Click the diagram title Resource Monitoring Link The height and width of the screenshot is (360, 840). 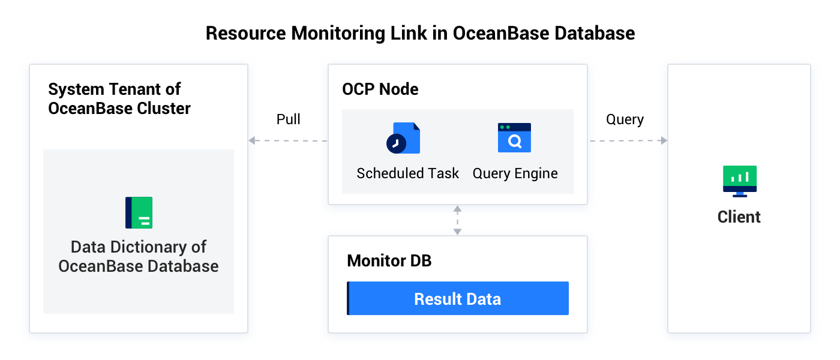coord(420,32)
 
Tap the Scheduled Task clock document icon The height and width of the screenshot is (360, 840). coord(403,139)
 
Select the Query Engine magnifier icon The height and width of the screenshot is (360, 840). coord(514,138)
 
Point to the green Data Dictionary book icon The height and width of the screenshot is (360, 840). coord(139,212)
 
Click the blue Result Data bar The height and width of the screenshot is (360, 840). coord(458,298)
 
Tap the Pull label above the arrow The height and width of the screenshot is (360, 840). coord(289,119)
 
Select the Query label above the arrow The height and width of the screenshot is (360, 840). coord(625,119)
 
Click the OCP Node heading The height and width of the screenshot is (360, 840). coord(380,89)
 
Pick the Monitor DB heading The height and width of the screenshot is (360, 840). coord(389,261)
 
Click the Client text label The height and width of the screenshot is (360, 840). coord(739,217)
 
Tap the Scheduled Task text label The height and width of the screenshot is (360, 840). coord(407,173)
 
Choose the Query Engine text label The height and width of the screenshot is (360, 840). coord(515,173)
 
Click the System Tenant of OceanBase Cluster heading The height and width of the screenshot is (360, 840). coord(119,99)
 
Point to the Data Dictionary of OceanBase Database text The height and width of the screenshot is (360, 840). coord(139,256)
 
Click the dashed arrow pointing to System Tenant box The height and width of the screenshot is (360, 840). coord(288,141)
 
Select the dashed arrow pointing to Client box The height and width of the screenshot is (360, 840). coord(628,141)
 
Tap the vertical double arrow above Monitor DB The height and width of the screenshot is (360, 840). coord(457,220)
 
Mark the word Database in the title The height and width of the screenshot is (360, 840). coord(595,32)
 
